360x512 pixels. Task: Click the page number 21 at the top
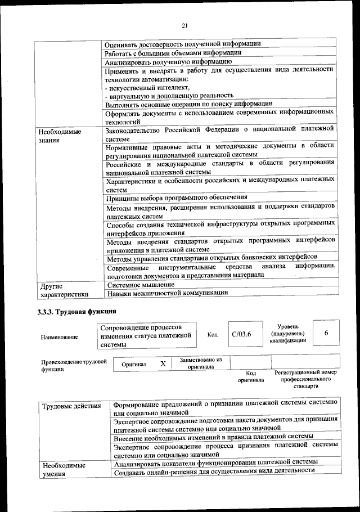click(184, 25)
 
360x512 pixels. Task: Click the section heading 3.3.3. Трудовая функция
click(73, 310)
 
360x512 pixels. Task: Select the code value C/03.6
click(241, 335)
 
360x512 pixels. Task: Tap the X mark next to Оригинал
click(163, 364)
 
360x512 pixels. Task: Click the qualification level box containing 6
click(326, 334)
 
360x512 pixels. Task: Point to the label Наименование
click(60, 337)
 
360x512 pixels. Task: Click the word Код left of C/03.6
click(212, 335)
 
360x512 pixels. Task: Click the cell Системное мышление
click(140, 285)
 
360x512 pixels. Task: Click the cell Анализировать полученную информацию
click(169, 61)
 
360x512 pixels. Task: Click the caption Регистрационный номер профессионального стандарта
click(305, 379)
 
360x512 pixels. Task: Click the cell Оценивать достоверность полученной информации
click(182, 44)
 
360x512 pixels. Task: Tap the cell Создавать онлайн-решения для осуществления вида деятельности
click(214, 470)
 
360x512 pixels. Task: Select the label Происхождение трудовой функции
click(74, 366)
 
